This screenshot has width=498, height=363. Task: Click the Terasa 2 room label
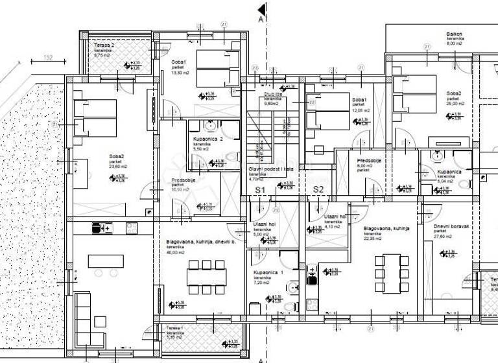pyautogui.click(x=103, y=45)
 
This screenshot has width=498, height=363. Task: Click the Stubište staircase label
pyautogui.click(x=271, y=93)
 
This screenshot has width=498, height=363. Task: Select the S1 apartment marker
pyautogui.click(x=261, y=189)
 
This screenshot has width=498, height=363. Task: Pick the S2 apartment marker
pyautogui.click(x=318, y=189)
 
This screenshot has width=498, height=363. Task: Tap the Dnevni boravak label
pyautogui.click(x=447, y=226)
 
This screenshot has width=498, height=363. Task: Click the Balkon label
pyautogui.click(x=454, y=34)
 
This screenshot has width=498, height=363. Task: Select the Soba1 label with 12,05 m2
pyautogui.click(x=360, y=100)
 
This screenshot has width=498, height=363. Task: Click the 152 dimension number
pyautogui.click(x=48, y=57)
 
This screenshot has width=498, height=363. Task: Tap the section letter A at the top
pyautogui.click(x=261, y=20)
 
